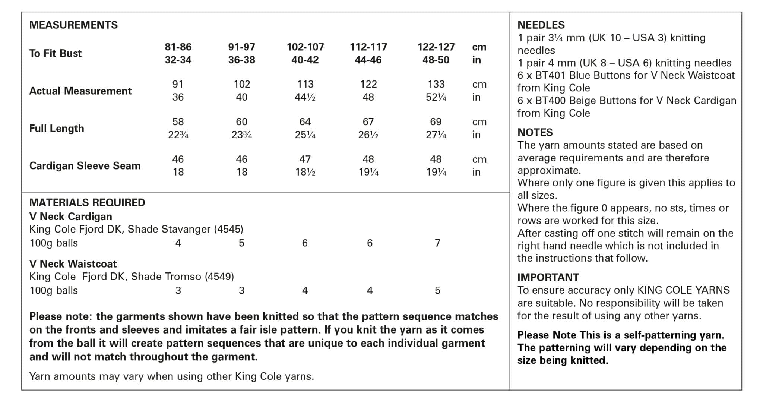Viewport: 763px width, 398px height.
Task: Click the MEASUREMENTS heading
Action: tap(73, 25)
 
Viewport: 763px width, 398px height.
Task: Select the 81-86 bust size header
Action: tap(178, 47)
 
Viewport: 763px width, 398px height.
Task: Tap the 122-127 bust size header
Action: tap(436, 47)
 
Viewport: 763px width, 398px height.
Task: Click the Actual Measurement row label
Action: tap(80, 91)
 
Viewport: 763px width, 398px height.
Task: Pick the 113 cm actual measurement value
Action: tap(305, 84)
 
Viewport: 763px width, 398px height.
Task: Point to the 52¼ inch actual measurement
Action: tap(436, 97)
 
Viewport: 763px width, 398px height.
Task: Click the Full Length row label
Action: tap(57, 129)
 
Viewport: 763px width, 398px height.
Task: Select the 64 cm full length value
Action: tap(305, 122)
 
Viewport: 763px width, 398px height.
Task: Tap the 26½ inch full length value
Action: tap(368, 135)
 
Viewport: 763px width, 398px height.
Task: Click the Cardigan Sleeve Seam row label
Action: tap(85, 166)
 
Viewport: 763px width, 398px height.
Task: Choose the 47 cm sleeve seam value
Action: tap(305, 159)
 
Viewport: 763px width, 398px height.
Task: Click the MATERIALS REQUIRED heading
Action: tap(87, 203)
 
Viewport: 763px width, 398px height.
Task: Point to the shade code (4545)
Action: tap(228, 229)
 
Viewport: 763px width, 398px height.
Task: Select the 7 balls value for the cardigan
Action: tap(437, 243)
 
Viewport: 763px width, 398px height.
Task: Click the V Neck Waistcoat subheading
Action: tap(73, 264)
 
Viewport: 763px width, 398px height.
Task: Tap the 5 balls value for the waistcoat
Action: tap(437, 291)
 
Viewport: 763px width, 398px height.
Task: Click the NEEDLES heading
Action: tap(541, 25)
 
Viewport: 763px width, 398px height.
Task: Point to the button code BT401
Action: tap(549, 75)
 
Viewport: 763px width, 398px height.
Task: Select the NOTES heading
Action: tap(535, 132)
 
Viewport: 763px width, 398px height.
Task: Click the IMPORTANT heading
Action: tap(548, 277)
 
